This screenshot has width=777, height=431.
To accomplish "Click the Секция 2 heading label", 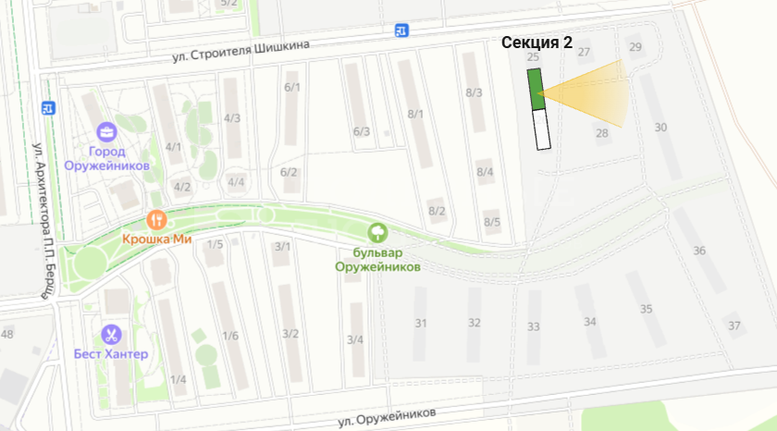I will coord(536,43).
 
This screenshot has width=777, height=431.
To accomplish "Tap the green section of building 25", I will coord(536,89).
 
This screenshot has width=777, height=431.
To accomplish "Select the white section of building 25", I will coord(541,129).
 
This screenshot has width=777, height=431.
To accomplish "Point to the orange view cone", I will coord(592,93).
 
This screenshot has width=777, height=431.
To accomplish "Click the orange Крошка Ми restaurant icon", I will coord(156,220).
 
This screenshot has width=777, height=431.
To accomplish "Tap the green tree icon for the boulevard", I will coord(376,231).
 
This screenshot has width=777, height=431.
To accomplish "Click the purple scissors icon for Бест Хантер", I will coord(111,334).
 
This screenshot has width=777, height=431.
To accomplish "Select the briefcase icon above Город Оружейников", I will coord(106,131).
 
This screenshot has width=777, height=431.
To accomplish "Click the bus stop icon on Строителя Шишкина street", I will coord(401,30).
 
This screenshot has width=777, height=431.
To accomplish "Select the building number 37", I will coord(734,326).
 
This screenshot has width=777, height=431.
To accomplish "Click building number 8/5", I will coord(492,222).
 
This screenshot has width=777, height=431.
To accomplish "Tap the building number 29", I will coord(635,46).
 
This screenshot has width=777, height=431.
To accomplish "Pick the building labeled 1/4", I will coord(178,379).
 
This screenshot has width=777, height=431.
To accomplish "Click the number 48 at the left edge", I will coord(7,333).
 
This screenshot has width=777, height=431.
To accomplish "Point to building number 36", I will coord(699,251).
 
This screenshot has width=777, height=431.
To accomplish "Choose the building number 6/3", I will coord(362,131).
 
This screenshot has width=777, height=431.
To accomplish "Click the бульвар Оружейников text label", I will coord(377,258).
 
